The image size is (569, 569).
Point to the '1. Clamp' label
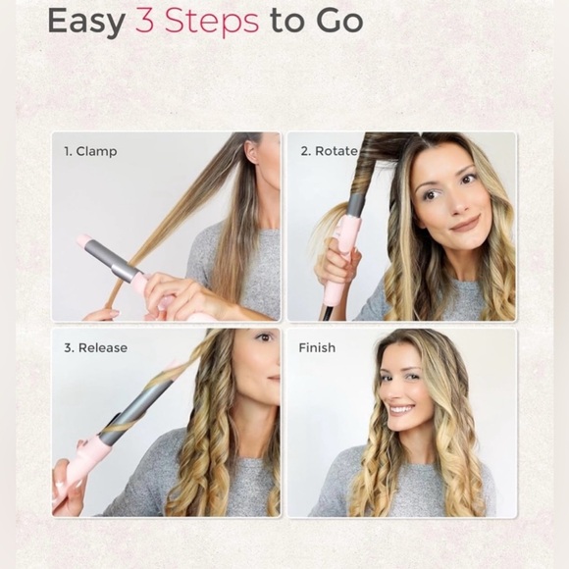(90, 152)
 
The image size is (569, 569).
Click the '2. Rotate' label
(329, 151)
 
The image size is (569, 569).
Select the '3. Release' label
(95, 347)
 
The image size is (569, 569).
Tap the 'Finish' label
(317, 347)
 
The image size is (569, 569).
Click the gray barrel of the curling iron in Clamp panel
(113, 260)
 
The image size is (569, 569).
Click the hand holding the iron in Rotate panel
(336, 267)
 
